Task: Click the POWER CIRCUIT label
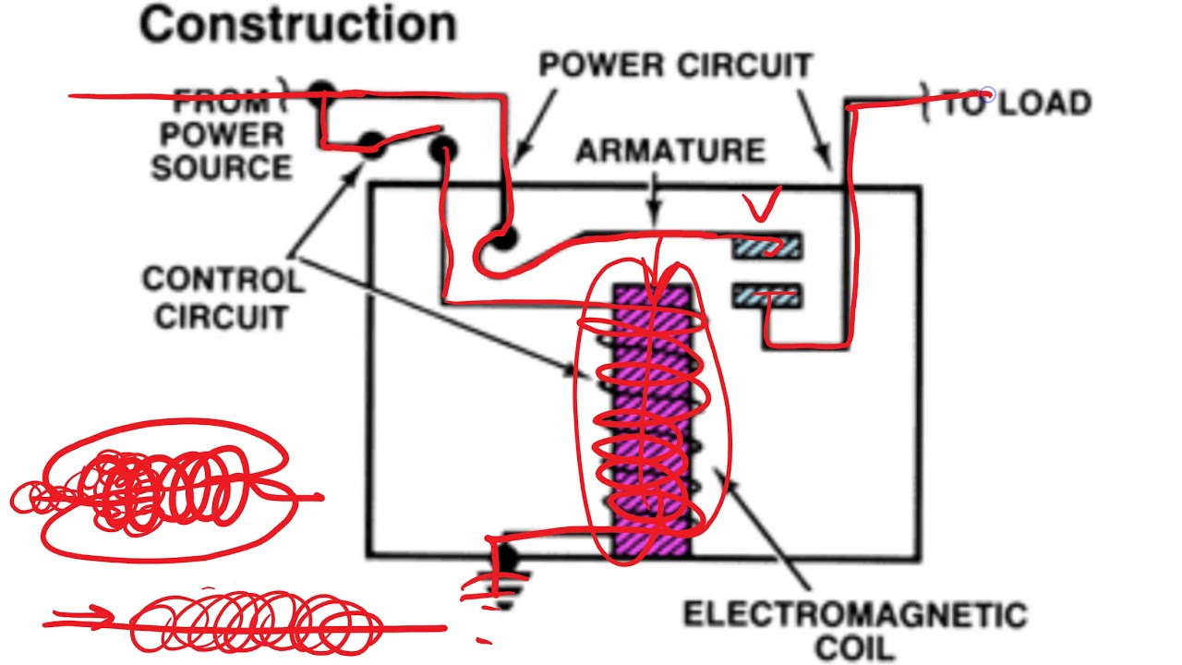tap(675, 66)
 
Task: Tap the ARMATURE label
tap(670, 151)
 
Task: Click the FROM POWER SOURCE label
tap(222, 134)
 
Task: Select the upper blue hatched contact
tap(767, 247)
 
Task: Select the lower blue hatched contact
tap(767, 296)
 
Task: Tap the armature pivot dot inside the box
tap(501, 239)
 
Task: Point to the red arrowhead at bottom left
tap(102, 617)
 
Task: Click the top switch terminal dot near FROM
tap(321, 91)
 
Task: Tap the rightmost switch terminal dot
tap(444, 148)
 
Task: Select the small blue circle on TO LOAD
tap(987, 94)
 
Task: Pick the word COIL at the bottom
tap(854, 647)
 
